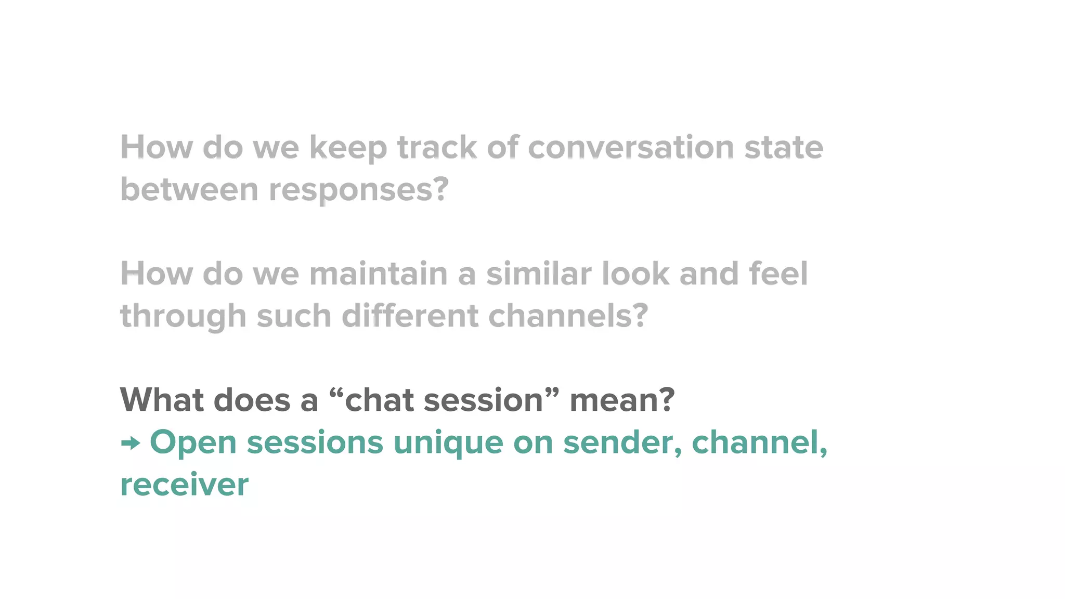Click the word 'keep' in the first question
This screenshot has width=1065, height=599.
tap(348, 148)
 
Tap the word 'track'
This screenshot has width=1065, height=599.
tap(437, 147)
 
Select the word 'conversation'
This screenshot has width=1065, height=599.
tap(631, 147)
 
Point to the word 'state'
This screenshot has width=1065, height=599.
tap(784, 147)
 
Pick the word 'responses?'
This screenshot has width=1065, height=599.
tap(358, 190)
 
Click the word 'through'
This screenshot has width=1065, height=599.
tap(183, 317)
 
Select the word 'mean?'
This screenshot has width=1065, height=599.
tap(622, 400)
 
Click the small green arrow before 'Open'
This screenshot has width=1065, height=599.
tap(131, 444)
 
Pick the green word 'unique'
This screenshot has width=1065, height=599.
tap(448, 444)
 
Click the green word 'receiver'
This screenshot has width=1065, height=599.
tap(185, 485)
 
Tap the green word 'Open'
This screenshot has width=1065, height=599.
tap(193, 444)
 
